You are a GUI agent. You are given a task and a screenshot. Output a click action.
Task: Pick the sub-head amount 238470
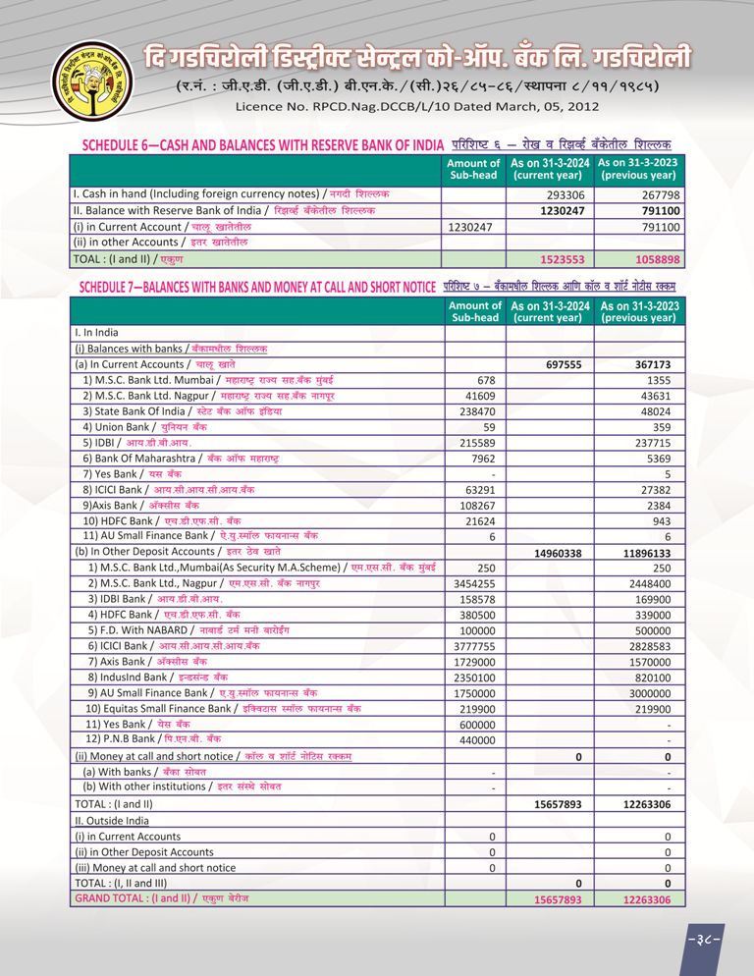(475, 411)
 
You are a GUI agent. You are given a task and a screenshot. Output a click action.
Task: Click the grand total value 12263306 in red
(646, 899)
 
